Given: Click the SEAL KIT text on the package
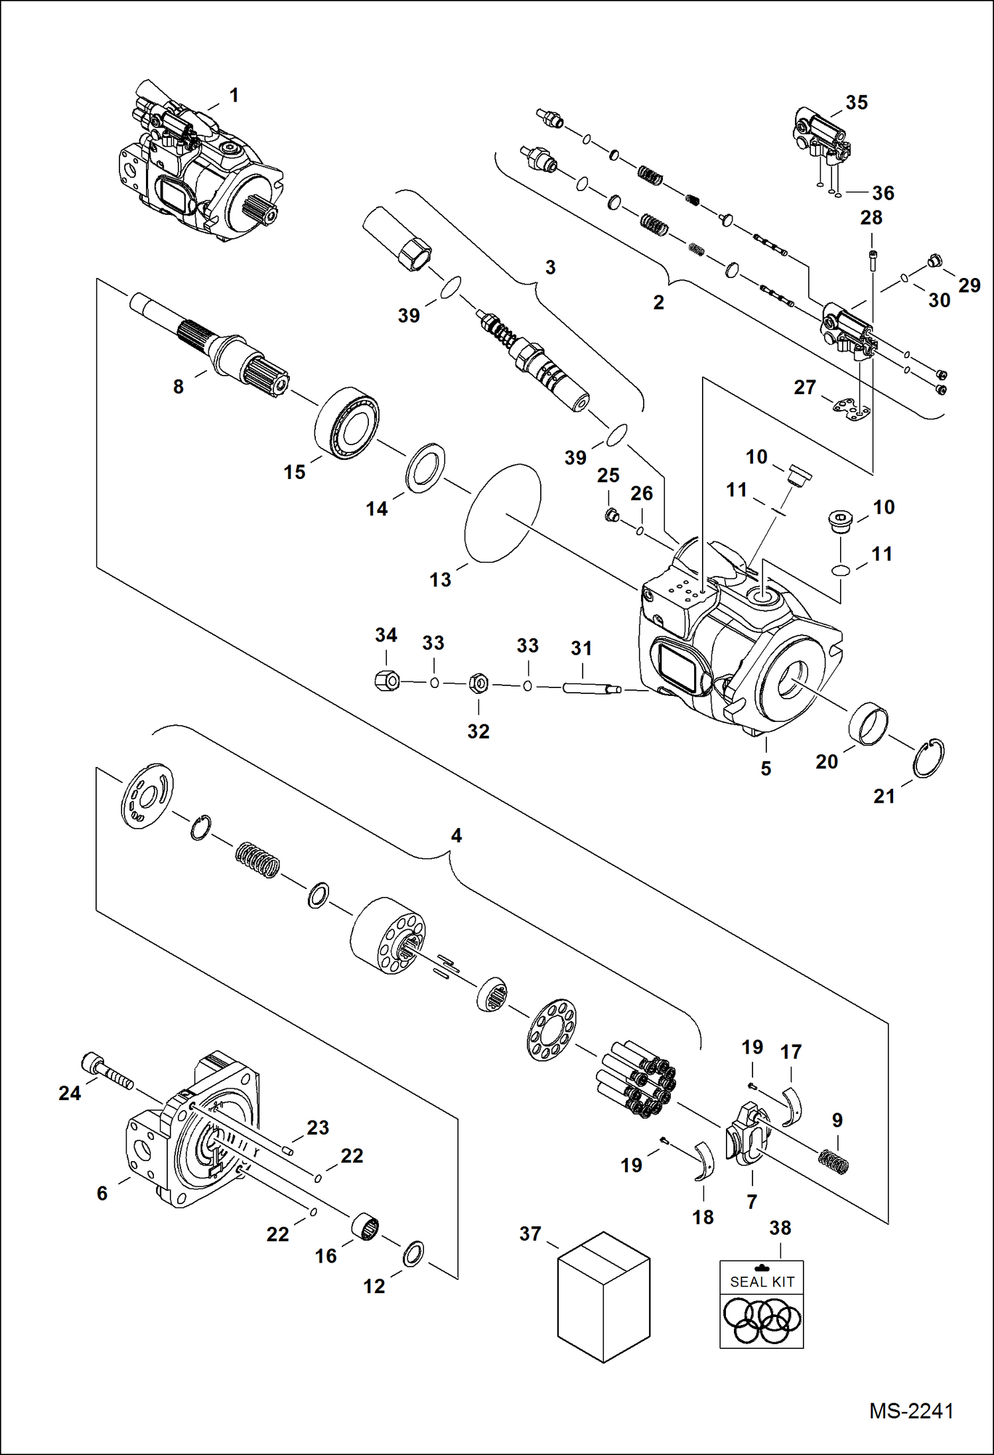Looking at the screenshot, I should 762,1282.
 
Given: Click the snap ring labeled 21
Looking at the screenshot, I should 928,758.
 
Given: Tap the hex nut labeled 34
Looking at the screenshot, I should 386,680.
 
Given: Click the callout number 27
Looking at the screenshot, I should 804,387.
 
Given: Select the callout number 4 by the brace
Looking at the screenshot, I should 456,835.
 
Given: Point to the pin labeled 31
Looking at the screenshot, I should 591,688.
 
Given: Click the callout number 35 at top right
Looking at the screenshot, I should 856,103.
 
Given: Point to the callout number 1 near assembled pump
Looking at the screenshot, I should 234,96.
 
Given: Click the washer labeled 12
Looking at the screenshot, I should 413,1253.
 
